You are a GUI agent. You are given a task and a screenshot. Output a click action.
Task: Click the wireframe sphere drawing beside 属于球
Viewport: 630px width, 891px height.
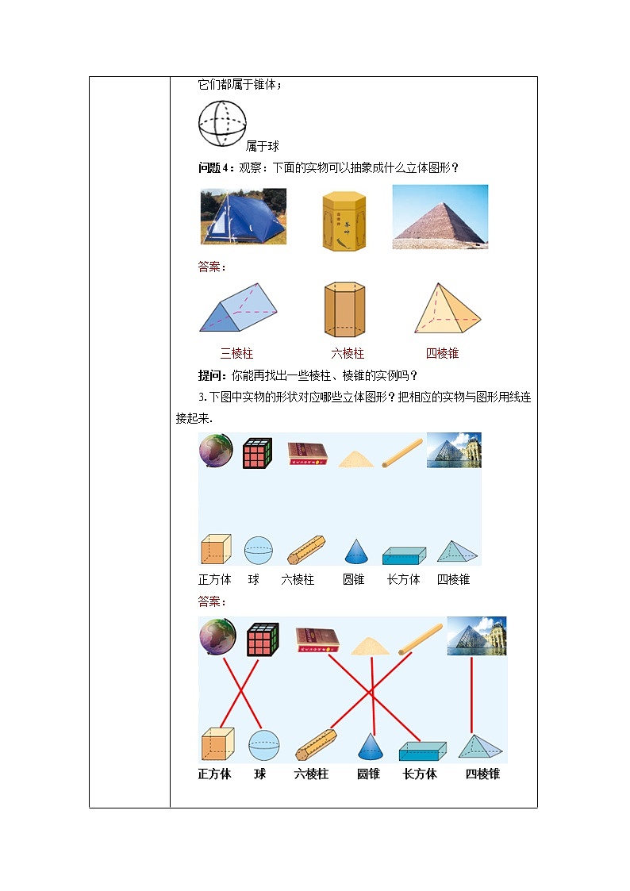(221, 123)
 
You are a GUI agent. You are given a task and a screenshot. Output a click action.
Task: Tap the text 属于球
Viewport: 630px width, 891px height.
(262, 146)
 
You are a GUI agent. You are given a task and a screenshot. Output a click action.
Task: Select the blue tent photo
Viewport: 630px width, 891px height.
(243, 217)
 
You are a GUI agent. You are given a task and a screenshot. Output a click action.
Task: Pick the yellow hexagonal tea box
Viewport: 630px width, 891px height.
(344, 221)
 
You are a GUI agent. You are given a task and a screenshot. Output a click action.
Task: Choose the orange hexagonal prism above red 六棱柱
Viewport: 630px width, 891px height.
(344, 309)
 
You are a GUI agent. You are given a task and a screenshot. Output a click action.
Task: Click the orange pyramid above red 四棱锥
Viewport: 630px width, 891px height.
(447, 309)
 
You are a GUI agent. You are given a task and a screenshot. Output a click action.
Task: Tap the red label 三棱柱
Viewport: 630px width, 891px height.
(236, 354)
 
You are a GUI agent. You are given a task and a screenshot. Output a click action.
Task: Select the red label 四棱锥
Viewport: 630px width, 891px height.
(442, 354)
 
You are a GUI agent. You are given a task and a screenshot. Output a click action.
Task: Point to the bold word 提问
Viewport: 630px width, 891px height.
(210, 375)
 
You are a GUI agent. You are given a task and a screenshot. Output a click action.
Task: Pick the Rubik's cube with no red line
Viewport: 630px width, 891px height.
(257, 452)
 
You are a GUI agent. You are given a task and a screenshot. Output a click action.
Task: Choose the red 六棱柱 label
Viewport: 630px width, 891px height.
(347, 354)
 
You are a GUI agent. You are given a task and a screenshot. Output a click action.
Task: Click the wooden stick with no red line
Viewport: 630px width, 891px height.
(401, 452)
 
